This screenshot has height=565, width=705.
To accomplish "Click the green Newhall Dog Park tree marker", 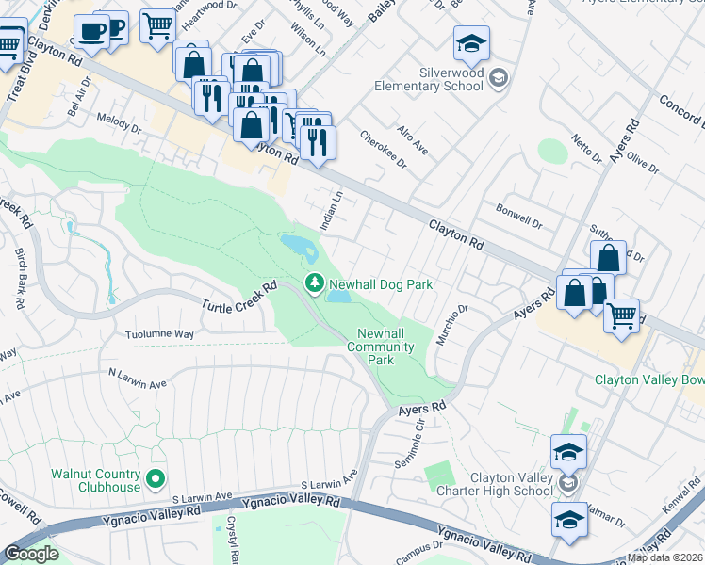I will [x=313, y=282].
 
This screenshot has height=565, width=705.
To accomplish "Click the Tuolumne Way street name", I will [x=159, y=334].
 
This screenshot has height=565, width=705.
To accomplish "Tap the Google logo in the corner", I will [x=31, y=554].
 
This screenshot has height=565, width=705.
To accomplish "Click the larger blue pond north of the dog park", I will [x=299, y=248].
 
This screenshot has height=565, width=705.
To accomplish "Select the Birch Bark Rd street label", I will [x=20, y=279].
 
